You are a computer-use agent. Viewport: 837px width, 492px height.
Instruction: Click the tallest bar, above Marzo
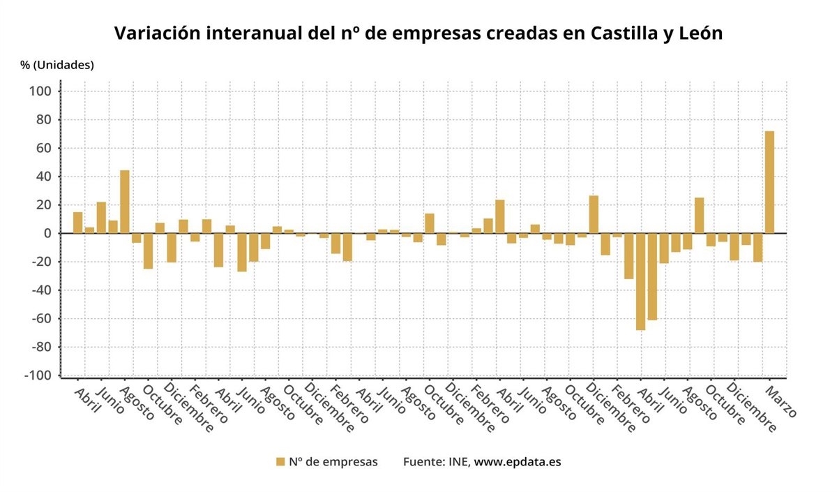[x=769, y=182]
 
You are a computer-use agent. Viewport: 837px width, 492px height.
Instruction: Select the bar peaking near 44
[x=124, y=202]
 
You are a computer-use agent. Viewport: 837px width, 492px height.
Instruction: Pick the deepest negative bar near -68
[x=640, y=281]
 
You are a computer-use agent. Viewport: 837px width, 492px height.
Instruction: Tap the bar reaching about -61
[x=652, y=276]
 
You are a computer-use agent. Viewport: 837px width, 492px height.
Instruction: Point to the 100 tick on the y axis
[x=40, y=91]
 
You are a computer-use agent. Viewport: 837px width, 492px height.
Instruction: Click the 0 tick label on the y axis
[x=47, y=233]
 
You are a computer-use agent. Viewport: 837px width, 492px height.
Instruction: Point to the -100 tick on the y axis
[x=38, y=375]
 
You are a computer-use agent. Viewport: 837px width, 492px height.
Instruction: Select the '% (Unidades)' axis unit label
[x=57, y=65]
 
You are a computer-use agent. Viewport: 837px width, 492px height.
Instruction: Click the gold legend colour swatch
[x=280, y=461]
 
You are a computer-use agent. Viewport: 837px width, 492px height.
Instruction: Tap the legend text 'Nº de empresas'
[x=333, y=461]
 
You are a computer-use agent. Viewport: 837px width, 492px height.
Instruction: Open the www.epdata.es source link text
[x=518, y=461]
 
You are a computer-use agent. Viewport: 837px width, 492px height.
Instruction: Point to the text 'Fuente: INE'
[x=436, y=461]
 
